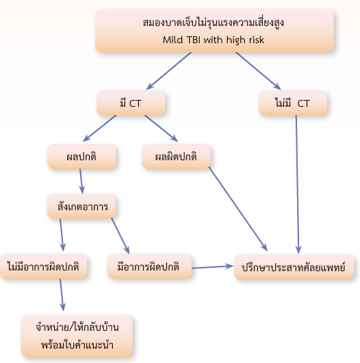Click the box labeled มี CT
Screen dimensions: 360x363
131,103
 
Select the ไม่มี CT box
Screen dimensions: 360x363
292,103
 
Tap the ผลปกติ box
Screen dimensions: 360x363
81,156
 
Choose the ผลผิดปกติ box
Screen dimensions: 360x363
176,156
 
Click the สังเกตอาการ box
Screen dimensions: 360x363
81,206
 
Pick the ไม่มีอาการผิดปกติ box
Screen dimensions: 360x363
43,266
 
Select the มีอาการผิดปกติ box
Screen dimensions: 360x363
149,266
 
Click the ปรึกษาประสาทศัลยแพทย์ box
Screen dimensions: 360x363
294,266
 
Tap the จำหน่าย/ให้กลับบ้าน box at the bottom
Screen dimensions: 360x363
77,336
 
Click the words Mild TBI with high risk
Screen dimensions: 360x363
214,40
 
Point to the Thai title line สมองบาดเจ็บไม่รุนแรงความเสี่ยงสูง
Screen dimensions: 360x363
214,23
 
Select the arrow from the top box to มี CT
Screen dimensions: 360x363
169,71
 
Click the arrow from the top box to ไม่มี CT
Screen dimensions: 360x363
258,71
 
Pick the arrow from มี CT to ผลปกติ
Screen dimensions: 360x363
99,128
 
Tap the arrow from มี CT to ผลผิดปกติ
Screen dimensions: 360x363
161,128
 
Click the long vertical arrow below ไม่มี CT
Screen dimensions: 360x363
297,184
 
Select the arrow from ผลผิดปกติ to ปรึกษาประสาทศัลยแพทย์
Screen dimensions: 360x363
238,209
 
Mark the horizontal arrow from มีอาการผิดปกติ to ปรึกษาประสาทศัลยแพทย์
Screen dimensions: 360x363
213,267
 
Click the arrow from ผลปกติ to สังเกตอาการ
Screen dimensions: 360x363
81,181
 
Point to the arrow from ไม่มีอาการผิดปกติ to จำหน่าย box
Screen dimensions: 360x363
62,295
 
